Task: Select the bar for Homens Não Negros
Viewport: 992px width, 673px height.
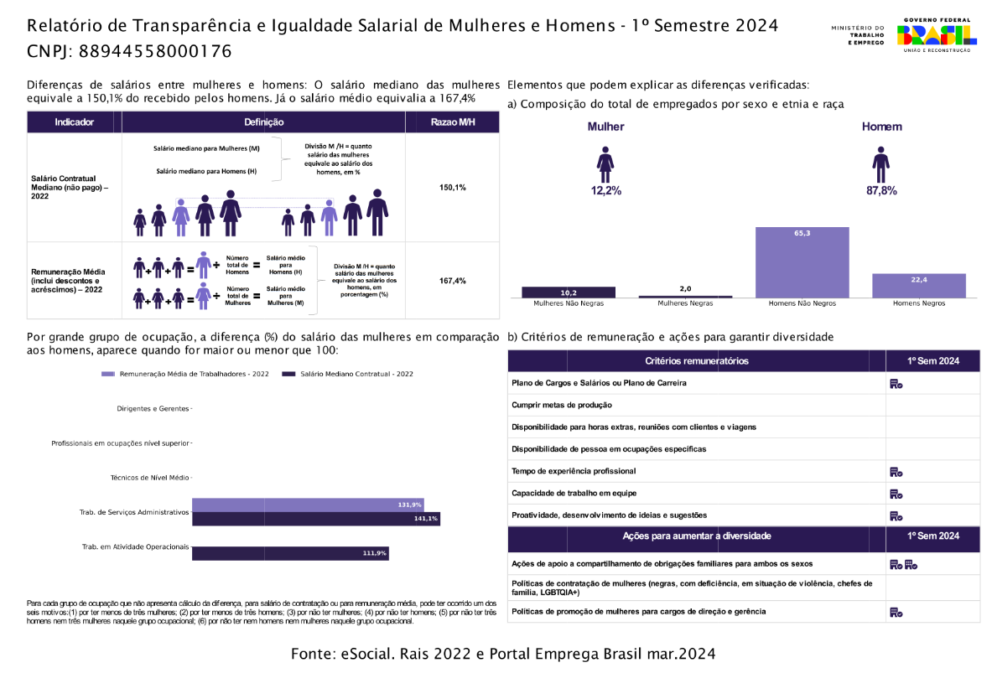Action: tap(802, 262)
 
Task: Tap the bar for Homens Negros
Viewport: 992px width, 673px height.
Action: tap(918, 285)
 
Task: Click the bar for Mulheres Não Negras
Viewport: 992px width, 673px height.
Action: tap(568, 292)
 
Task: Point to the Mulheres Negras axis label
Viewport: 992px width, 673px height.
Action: tap(685, 303)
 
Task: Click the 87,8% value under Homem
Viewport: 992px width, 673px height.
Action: tap(881, 191)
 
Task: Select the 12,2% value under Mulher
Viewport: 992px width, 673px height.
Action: tap(605, 191)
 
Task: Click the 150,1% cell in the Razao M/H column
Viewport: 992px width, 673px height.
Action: tap(452, 187)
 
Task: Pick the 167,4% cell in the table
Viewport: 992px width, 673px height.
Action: tap(452, 281)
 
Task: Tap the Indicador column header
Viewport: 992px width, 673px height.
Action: tap(75, 122)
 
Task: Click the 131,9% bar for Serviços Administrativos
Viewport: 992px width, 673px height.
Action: tap(308, 505)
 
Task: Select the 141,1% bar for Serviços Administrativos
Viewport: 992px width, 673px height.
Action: tap(315, 519)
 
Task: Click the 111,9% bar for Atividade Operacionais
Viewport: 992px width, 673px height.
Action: tap(290, 553)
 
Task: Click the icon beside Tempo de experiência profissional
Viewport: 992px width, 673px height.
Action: tap(896, 471)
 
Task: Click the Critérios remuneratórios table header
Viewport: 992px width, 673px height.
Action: tap(696, 361)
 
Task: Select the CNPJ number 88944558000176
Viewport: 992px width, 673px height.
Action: tap(154, 52)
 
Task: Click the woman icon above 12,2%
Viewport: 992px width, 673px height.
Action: tap(605, 164)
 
